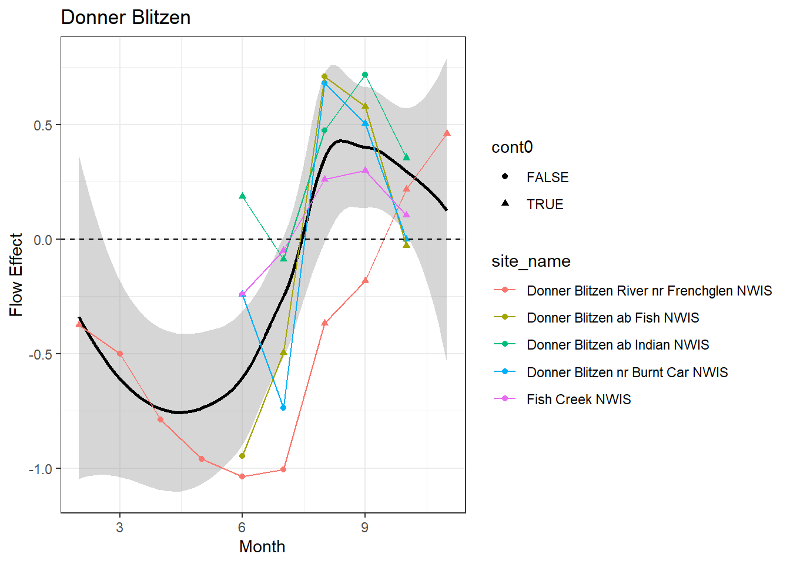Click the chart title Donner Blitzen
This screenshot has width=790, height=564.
point(126,18)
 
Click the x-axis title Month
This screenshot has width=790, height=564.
point(262,546)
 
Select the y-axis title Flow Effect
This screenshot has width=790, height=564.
point(16,275)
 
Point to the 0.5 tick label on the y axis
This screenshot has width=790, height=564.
point(42,125)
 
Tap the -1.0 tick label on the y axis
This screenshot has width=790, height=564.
point(40,469)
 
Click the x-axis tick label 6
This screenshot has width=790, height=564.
point(242,528)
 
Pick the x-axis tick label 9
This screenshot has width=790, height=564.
point(364,528)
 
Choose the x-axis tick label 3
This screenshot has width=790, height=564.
point(120,528)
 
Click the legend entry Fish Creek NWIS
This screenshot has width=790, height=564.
point(578,399)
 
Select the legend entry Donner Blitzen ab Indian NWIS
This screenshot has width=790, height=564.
point(617,345)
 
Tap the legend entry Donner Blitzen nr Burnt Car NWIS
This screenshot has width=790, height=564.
point(627,372)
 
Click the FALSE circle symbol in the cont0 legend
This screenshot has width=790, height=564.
point(505,177)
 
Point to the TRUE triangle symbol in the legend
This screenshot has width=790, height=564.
point(505,203)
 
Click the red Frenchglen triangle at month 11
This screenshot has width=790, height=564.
point(447,133)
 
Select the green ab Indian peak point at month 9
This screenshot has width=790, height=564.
point(365,75)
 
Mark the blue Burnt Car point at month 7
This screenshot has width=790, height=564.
point(283,408)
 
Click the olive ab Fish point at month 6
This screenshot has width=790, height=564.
point(242,456)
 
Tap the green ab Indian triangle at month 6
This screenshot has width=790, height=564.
point(242,196)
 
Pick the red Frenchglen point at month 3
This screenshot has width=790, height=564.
point(120,354)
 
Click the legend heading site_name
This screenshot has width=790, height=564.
point(531,261)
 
